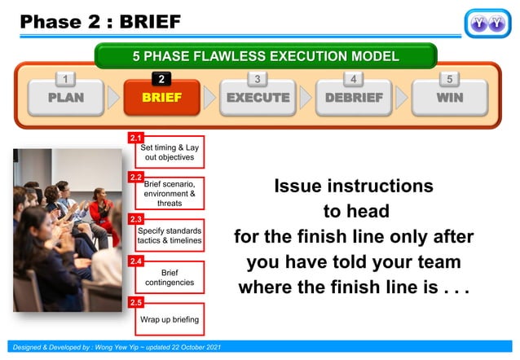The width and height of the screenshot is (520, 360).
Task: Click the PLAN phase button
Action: coord(65,99)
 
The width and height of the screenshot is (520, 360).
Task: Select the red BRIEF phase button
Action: coord(161,99)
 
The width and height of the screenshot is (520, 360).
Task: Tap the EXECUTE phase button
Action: coord(258,99)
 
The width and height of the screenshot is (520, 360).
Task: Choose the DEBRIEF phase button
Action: coord(354,99)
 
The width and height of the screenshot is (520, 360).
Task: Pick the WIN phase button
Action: coord(449,99)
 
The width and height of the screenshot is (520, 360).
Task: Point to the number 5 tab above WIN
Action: coord(449,78)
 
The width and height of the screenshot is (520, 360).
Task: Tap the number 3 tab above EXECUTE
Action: coord(258,78)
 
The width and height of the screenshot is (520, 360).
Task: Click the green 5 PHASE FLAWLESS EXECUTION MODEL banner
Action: coord(266,56)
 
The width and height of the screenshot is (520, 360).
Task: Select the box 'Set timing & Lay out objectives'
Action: coord(170,152)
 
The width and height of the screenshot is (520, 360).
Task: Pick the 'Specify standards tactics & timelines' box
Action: coord(170,235)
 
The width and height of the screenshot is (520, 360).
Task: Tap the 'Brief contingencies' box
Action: coord(170,278)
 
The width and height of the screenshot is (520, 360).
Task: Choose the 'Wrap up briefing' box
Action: coord(170,318)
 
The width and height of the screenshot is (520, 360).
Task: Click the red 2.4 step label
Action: coord(136,261)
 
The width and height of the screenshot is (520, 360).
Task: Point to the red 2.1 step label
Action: coord(136,138)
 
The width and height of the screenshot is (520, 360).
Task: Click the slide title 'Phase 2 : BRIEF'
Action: coord(100,20)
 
